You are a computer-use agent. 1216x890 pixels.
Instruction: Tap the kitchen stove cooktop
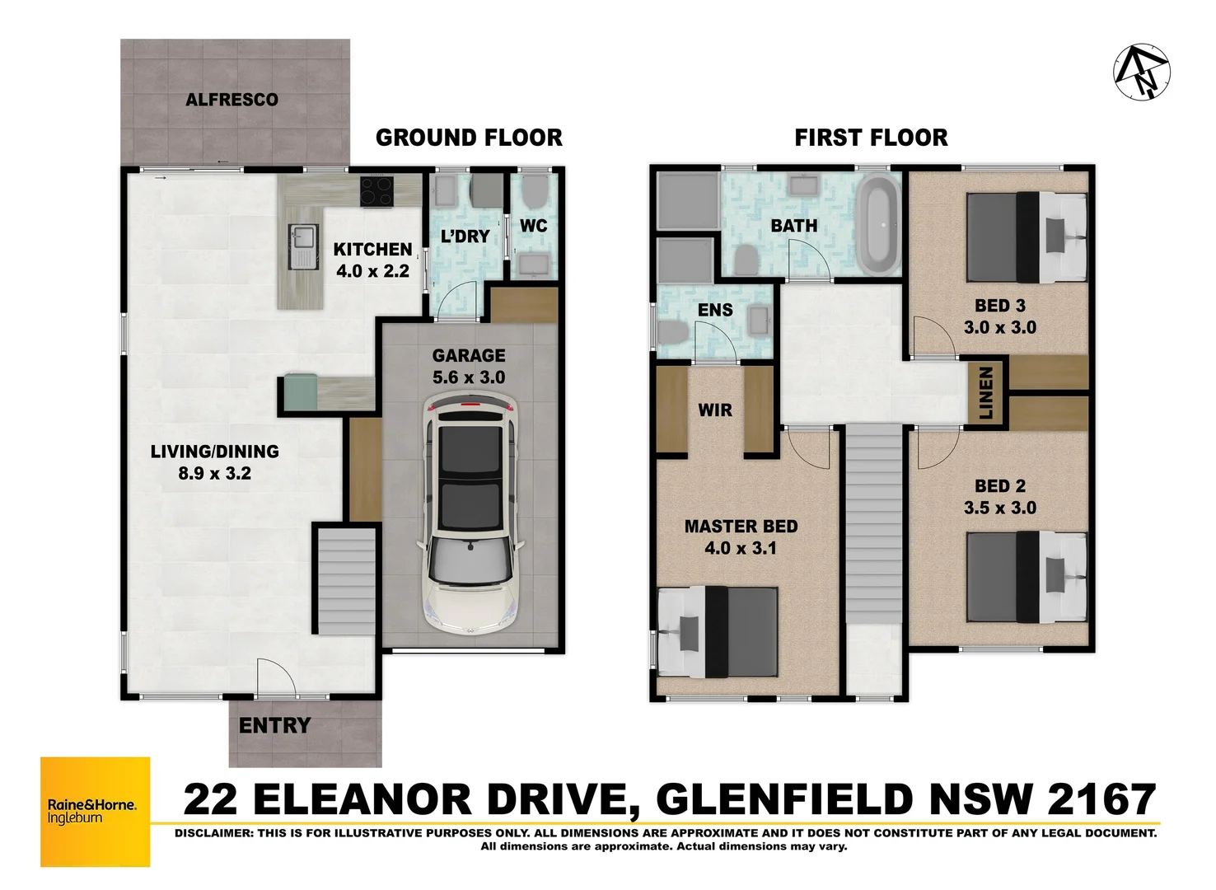[377, 191]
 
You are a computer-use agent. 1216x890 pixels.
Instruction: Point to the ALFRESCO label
[232, 100]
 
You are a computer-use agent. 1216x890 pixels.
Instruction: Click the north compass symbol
[1142, 71]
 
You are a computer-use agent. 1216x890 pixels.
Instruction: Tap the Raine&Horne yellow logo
[96, 812]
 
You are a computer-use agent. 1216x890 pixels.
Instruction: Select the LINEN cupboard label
[986, 393]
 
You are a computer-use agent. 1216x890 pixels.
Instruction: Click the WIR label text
[714, 410]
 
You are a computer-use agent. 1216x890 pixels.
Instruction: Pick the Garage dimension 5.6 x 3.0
[469, 377]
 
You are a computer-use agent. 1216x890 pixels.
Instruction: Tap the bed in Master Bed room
[718, 631]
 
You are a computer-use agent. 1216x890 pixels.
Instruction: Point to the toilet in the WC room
[534, 194]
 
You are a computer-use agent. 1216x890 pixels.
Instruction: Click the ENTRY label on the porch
[274, 726]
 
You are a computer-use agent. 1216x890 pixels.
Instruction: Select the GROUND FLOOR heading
[469, 138]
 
